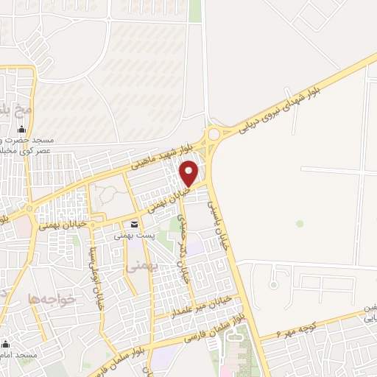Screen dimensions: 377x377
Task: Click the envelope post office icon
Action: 134,225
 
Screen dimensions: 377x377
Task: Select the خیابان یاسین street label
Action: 218,222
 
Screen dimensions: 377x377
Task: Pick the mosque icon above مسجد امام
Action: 5,345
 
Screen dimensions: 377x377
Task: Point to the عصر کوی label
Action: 27,150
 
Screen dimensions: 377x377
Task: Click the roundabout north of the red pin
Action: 215,134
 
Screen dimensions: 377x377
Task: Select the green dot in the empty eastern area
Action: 300,222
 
